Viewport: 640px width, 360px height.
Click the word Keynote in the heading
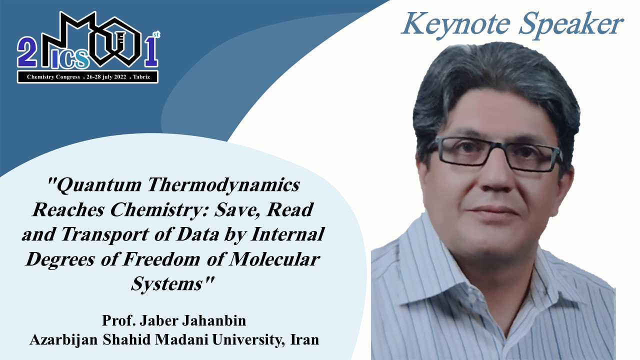pos(455,25)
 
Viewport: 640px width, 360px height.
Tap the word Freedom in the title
pos(161,259)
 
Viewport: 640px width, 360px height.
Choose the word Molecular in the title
pos(274,259)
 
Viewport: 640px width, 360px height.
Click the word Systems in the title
pos(167,284)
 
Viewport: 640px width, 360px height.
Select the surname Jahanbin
pos(214,320)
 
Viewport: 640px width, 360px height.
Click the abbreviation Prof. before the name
pos(119,320)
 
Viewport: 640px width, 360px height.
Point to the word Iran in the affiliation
pos(304,339)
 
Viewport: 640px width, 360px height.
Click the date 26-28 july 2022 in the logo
pos(106,77)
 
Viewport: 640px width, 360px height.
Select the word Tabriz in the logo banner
pos(141,77)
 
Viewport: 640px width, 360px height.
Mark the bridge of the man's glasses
pos(495,146)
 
